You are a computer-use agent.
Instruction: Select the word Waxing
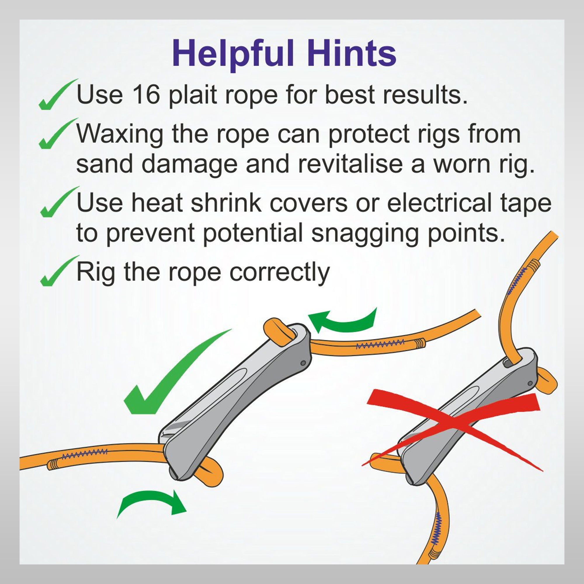120,135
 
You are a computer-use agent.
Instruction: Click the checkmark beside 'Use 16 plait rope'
58,95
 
